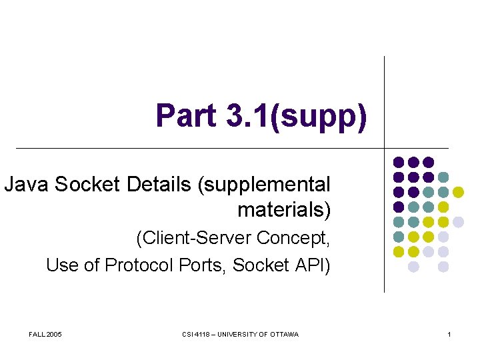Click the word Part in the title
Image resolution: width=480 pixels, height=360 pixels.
186,115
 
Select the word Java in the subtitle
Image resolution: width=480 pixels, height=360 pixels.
27,184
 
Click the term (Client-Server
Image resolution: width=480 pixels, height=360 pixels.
193,238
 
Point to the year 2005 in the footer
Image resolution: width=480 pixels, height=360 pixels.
54,334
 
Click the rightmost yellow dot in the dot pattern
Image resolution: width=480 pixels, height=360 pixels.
458,192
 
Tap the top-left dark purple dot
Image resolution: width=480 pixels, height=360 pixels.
398,162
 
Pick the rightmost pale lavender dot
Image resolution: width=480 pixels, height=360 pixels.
458,222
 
